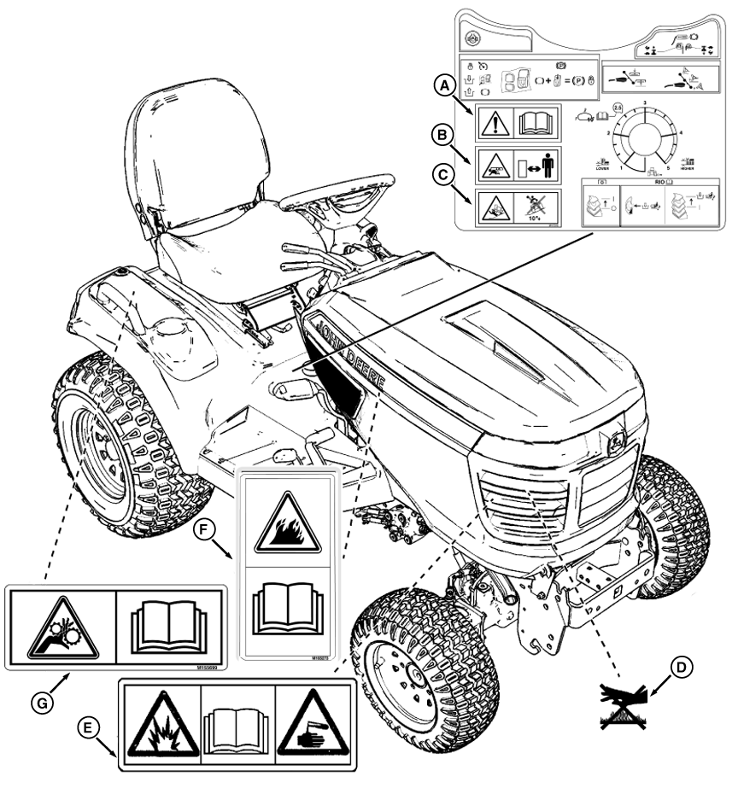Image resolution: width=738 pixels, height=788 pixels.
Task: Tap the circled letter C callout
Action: (442, 176)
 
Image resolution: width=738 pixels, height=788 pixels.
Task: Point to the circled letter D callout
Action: (681, 668)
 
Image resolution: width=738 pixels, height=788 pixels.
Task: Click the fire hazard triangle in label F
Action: (287, 524)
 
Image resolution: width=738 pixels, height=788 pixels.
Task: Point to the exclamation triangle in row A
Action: (496, 122)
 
